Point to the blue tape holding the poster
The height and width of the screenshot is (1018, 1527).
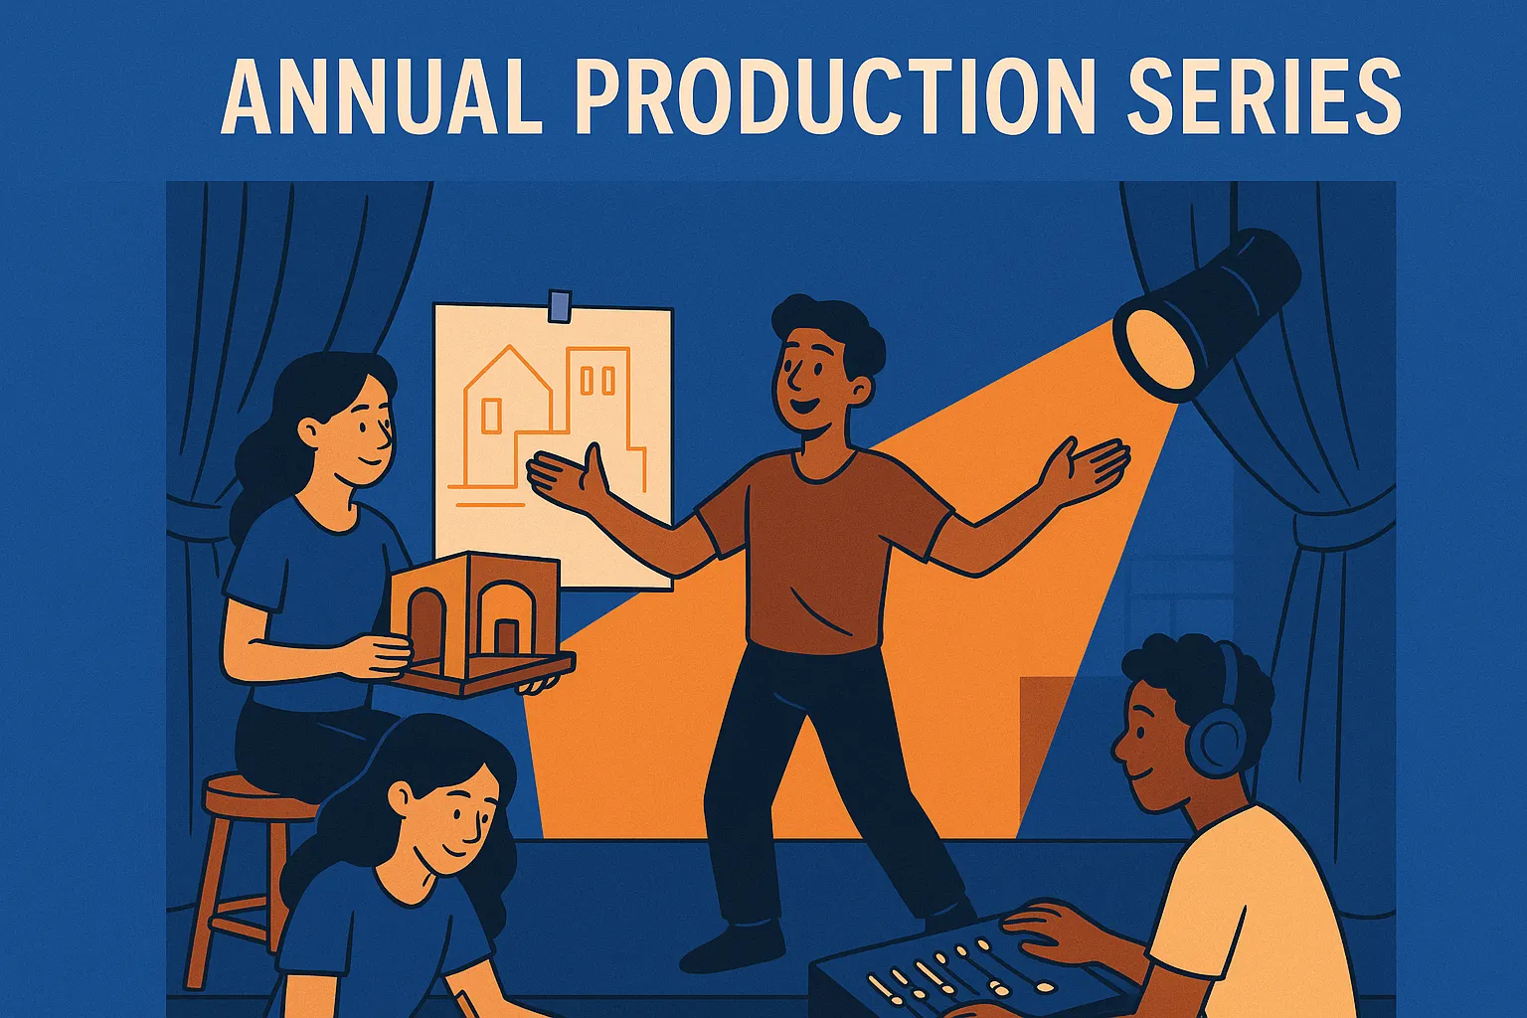(x=561, y=305)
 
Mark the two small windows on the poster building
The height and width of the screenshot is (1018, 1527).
(x=592, y=380)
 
